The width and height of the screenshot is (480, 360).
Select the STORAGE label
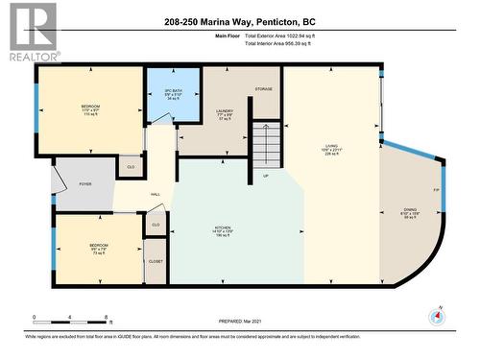pos(263,89)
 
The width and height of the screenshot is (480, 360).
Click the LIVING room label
pos(332,151)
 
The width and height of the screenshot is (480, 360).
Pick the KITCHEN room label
pos(222,231)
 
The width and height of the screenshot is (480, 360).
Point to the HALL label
pos(155,193)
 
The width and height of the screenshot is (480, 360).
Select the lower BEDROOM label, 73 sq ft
pos(100,249)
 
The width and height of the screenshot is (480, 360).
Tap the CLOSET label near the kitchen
pos(156,261)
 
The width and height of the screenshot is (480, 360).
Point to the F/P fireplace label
pos(436,191)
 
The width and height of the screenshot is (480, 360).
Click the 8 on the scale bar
pos(104,316)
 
